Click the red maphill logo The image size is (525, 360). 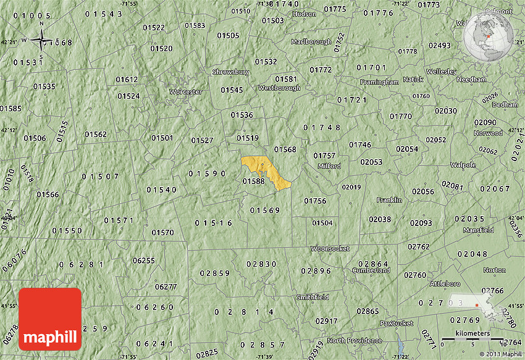coord(50,319)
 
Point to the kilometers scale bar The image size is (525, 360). coord(472,339)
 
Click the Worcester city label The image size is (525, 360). coord(186,91)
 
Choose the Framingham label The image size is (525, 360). coord(379,82)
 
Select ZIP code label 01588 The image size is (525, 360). coord(253,181)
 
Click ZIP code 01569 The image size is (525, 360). coord(265,211)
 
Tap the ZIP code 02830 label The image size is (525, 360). coord(261,264)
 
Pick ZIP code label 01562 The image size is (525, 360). coord(96,134)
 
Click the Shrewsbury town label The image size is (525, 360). coord(230,72)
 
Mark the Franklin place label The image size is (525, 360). coord(389,200)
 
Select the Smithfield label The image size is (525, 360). coord(312,297)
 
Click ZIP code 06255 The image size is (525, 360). coord(144,260)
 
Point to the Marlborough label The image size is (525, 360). coord(311,42)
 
